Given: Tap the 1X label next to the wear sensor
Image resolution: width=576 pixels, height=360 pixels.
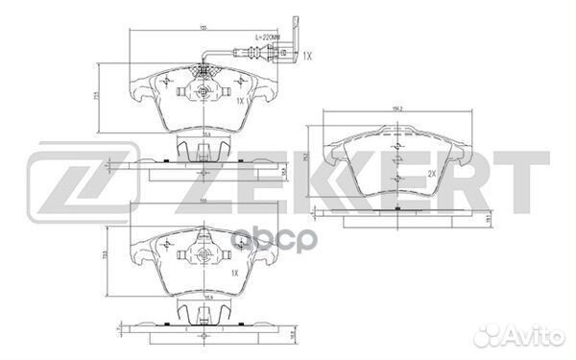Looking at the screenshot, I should tap(307, 57).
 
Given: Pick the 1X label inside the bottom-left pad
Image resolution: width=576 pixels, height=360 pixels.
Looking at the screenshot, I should tap(234, 273).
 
